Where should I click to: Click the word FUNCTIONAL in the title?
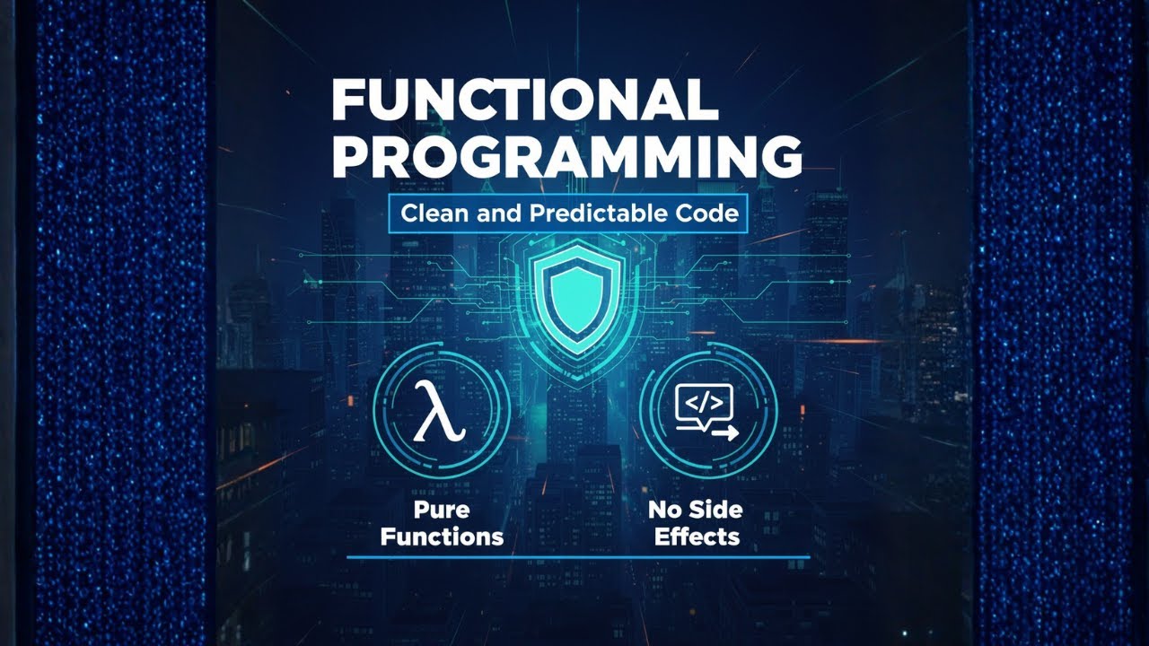(x=524, y=101)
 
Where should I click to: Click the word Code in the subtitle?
(x=706, y=214)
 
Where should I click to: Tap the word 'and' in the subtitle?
(x=493, y=214)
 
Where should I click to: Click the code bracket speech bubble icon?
(x=704, y=404)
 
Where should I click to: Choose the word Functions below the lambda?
(x=441, y=537)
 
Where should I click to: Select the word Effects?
(x=697, y=537)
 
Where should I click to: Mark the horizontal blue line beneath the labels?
(x=578, y=557)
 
